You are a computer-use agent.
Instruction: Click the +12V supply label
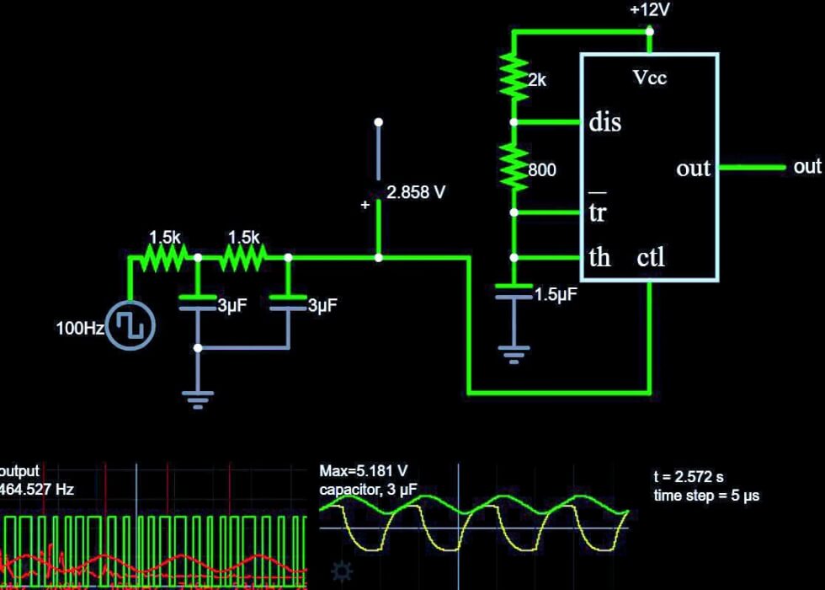click(649, 10)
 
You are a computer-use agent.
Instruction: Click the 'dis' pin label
click(604, 122)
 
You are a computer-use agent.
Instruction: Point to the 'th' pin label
click(599, 257)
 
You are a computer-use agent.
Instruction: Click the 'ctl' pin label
click(651, 257)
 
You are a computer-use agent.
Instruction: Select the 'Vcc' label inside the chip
click(649, 78)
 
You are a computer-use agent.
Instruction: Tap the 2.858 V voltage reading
click(416, 193)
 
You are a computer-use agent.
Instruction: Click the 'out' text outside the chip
click(806, 167)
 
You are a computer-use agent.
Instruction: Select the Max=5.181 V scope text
click(364, 472)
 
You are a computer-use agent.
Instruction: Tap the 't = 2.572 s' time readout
click(688, 477)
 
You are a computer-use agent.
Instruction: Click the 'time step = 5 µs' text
click(706, 496)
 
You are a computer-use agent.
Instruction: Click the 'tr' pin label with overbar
click(597, 211)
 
